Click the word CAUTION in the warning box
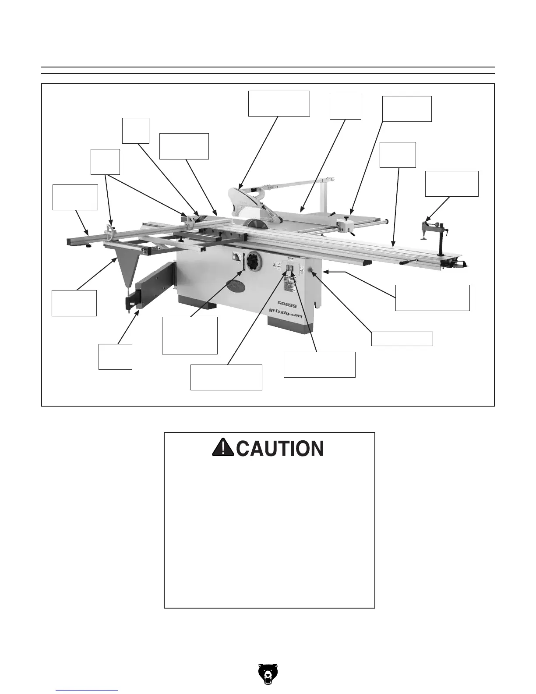(x=281, y=449)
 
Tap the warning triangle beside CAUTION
(x=222, y=447)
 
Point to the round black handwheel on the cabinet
(x=253, y=264)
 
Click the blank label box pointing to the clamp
(x=451, y=184)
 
